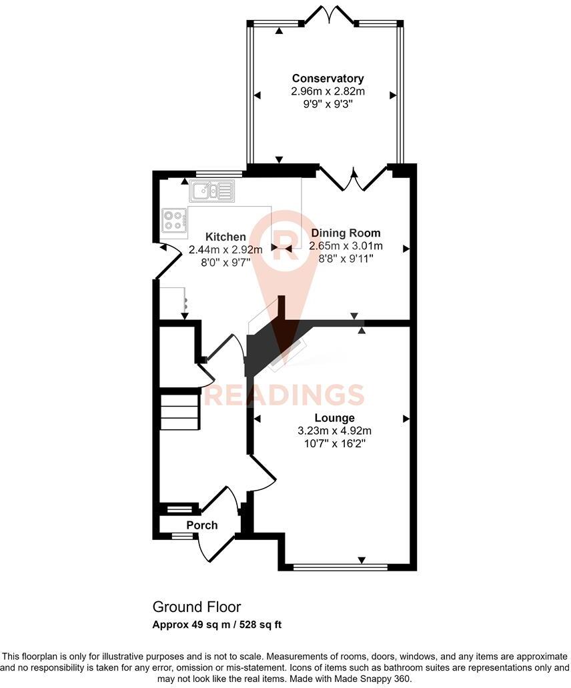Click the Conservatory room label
click(328, 79)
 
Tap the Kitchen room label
click(225, 237)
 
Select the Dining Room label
click(346, 233)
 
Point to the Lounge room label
click(335, 418)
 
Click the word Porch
click(201, 525)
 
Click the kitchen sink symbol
click(211, 191)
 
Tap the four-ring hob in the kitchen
click(174, 220)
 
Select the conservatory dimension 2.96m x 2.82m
click(328, 91)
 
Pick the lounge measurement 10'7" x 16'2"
click(335, 443)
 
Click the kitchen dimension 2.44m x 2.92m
click(225, 250)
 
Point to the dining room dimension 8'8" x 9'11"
click(346, 258)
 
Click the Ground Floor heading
click(197, 607)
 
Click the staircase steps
click(179, 412)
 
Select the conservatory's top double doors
click(328, 15)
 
